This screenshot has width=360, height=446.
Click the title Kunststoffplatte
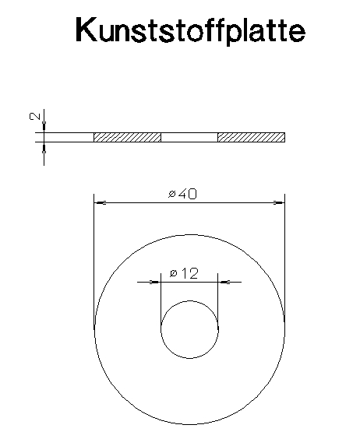tap(190, 30)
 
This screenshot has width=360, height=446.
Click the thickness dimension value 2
tap(35, 116)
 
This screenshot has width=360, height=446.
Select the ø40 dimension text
tap(182, 195)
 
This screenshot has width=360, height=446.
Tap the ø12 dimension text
tap(184, 273)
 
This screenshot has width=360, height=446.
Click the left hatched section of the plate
tap(127, 137)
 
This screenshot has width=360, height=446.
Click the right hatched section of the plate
tap(251, 137)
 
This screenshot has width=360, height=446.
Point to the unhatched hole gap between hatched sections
tap(189, 137)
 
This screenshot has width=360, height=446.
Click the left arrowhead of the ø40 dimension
tap(100, 203)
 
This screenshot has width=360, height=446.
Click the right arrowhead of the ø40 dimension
tap(279, 203)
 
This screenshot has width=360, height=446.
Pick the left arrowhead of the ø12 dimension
tap(155, 283)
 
